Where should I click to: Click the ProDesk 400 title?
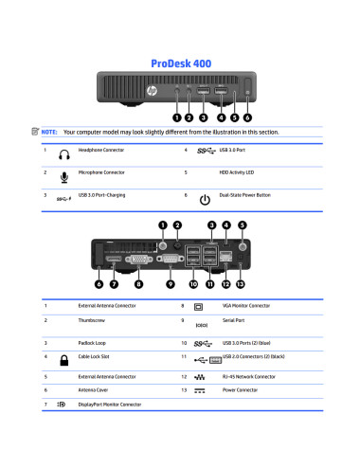181,63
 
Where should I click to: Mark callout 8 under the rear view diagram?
139,282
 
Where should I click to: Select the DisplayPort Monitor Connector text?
110,404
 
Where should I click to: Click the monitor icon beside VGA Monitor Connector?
199,307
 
